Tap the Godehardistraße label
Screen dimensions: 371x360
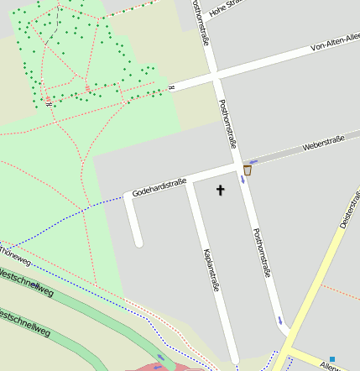click(159, 186)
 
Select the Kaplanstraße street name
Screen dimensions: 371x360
click(211, 269)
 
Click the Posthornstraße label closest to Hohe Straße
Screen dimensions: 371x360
click(201, 23)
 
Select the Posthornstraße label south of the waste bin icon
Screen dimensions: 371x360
click(262, 252)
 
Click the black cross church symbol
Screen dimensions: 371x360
click(221, 190)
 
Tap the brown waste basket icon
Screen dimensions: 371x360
click(247, 170)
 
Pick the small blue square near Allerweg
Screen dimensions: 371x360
click(332, 359)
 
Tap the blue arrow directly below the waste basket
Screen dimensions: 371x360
click(242, 178)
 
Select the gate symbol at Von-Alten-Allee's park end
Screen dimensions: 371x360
click(170, 86)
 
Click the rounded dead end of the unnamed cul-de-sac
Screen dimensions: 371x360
click(138, 243)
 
